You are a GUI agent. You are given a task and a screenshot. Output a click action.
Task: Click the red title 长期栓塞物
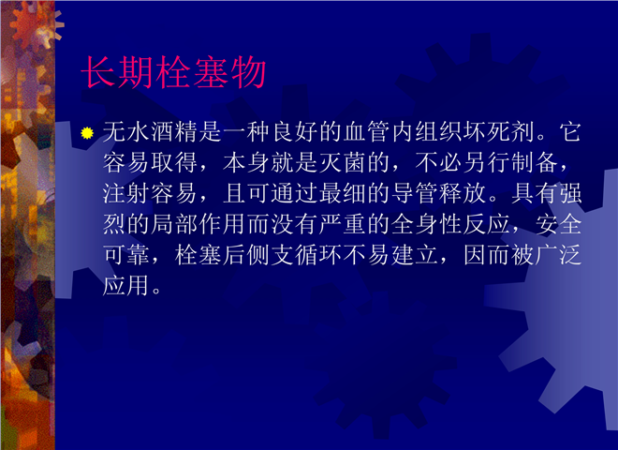tap(173, 72)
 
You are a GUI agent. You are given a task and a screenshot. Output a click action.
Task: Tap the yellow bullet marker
tap(87, 133)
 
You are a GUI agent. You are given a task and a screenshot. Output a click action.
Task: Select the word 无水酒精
tap(151, 131)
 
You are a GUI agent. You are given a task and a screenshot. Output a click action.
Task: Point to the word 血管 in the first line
tap(367, 131)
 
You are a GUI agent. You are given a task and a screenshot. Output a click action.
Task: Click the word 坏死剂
tap(498, 131)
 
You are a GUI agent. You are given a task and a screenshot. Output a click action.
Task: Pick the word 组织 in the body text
tap(438, 131)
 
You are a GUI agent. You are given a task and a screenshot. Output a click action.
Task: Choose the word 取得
tap(174, 162)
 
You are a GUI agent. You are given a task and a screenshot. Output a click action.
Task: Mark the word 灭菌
tap(343, 162)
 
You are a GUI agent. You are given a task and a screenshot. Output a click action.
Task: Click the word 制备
tap(534, 162)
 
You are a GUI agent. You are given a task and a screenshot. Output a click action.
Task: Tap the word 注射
tap(126, 193)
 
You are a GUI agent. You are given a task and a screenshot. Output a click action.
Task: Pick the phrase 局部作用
tap(199, 224)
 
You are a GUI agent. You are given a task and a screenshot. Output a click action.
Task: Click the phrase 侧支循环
tap(294, 255)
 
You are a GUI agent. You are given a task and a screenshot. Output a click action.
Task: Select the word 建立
tap(415, 255)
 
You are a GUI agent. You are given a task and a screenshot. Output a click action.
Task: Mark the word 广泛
tap(558, 255)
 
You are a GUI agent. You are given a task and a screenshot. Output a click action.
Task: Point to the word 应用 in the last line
tap(126, 285)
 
